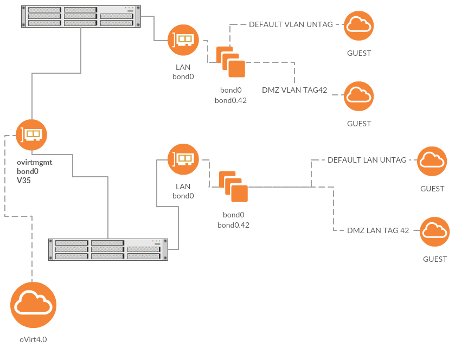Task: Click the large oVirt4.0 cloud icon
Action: tap(33, 305)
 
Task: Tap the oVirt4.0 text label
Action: tap(33, 340)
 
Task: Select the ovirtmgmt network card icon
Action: tap(31, 134)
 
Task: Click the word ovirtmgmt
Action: tap(35, 162)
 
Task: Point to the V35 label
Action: tap(23, 181)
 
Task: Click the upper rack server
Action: tap(81, 16)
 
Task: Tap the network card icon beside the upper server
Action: tap(183, 40)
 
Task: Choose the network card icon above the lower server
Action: tap(183, 159)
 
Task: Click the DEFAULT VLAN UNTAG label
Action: tap(288, 24)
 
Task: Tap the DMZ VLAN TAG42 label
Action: tap(294, 90)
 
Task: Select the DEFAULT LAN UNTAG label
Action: tap(367, 160)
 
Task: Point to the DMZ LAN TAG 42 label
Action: tap(378, 230)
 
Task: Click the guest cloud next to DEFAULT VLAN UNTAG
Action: tap(359, 24)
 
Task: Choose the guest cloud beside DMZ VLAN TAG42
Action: tap(359, 96)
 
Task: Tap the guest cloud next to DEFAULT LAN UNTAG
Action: tap(432, 161)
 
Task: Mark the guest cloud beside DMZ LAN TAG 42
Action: tap(435, 232)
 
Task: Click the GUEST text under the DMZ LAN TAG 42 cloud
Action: tap(435, 259)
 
